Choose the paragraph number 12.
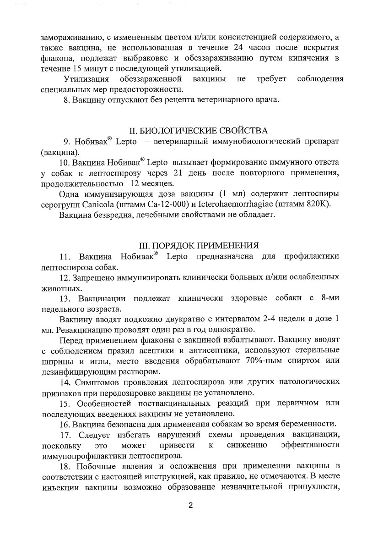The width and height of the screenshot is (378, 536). [x=65, y=278]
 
